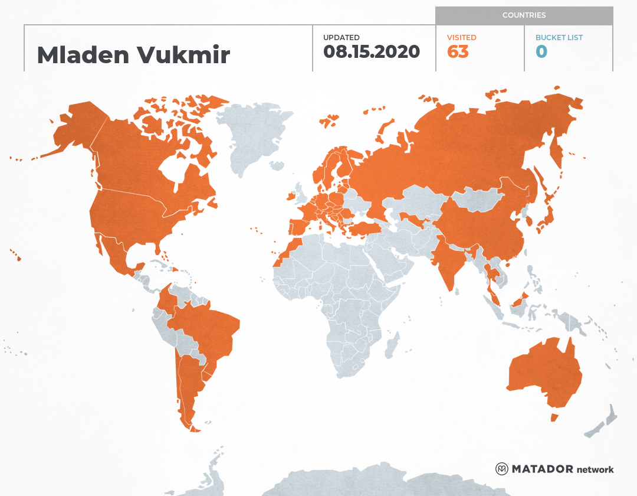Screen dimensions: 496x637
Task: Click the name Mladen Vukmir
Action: [x=133, y=55]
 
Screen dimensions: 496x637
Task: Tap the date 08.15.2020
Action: [x=372, y=52]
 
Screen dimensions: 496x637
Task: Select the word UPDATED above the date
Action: [x=341, y=38]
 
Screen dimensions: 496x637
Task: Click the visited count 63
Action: [x=458, y=52]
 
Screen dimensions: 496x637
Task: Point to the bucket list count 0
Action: [x=541, y=52]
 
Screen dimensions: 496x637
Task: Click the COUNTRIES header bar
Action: [x=524, y=15]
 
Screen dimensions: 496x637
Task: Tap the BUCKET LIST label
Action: [x=559, y=38]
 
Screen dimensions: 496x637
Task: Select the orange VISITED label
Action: [x=462, y=38]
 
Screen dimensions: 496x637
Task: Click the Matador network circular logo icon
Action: [x=502, y=469]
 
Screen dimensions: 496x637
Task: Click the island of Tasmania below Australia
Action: [x=554, y=417]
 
